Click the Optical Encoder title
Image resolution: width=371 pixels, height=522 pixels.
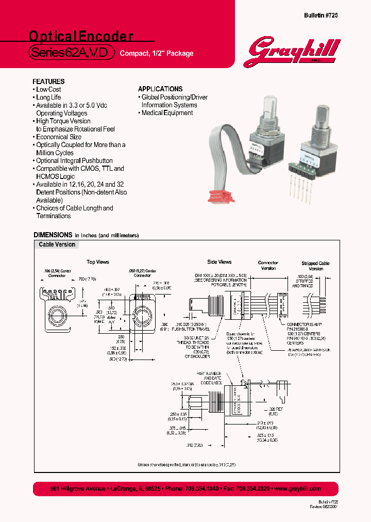pyautogui.click(x=81, y=36)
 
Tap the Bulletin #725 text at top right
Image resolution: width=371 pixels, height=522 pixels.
pyautogui.click(x=322, y=16)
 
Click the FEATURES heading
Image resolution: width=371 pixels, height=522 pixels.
pyautogui.click(x=48, y=81)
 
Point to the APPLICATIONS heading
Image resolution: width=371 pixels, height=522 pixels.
pyautogui.click(x=160, y=89)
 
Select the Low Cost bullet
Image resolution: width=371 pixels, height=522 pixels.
pyautogui.click(x=48, y=90)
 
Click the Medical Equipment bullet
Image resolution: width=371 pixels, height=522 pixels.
pyautogui.click(x=166, y=113)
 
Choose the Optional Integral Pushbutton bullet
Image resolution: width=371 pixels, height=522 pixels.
pyautogui.click(x=74, y=160)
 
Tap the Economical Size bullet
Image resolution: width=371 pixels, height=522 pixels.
pyautogui.click(x=58, y=137)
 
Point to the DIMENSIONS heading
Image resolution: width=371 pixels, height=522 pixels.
pyautogui.click(x=53, y=235)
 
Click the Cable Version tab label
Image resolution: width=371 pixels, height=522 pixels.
pyautogui.click(x=57, y=244)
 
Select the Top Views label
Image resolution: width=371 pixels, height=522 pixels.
pyautogui.click(x=97, y=262)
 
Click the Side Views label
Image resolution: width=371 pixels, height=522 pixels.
pyautogui.click(x=219, y=262)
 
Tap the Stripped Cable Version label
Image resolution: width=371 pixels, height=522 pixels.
pyautogui.click(x=315, y=266)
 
